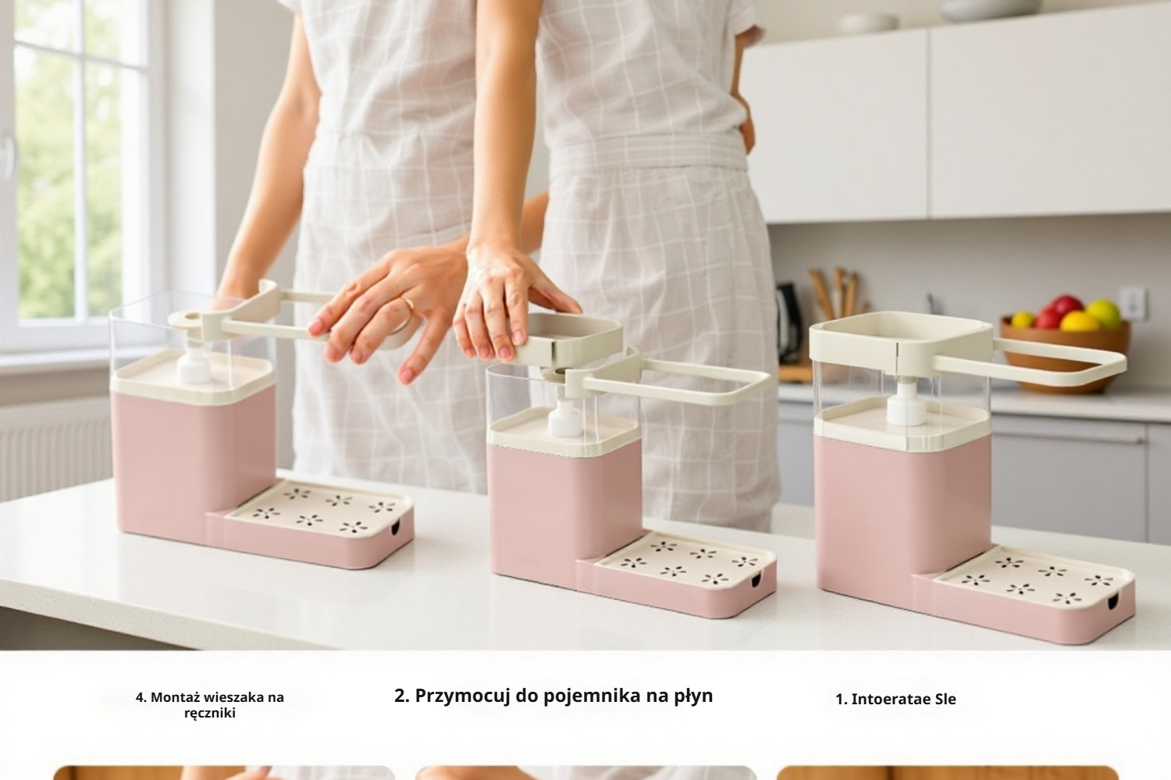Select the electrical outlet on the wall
[1134, 303]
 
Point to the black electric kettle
[788, 320]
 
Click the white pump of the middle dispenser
[564, 418]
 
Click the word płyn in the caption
[692, 696]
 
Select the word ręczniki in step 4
[209, 713]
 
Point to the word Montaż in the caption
[175, 697]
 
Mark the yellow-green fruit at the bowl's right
[1104, 312]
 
